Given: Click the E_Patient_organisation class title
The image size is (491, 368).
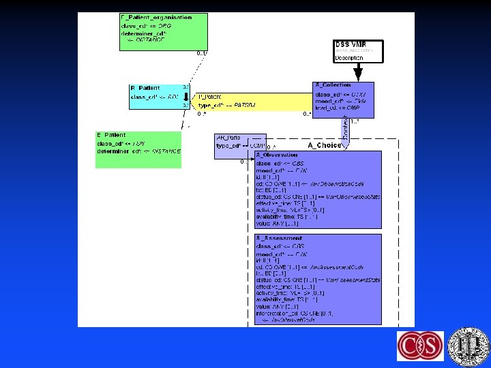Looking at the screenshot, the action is pyautogui.click(x=156, y=17).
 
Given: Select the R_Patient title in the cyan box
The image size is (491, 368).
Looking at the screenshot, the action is pyautogui.click(x=145, y=89).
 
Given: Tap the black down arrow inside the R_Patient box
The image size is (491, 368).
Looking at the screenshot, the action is pyautogui.click(x=185, y=97).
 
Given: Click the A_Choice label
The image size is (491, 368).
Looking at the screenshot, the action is pyautogui.click(x=325, y=145).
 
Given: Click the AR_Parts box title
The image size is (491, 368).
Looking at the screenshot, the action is pyautogui.click(x=228, y=137).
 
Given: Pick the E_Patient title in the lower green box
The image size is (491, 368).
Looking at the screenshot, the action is pyautogui.click(x=111, y=135).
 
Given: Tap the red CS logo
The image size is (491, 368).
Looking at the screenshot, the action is pyautogui.click(x=420, y=346).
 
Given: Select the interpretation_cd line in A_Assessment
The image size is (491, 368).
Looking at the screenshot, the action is pyautogui.click(x=293, y=313).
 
